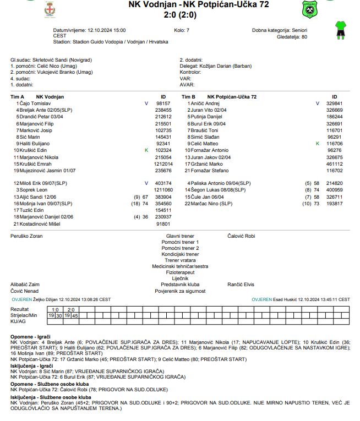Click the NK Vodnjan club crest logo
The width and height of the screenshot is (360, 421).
[x=50, y=9]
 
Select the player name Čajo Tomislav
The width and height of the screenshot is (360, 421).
[x=35, y=103]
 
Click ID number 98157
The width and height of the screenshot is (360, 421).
[x=163, y=103]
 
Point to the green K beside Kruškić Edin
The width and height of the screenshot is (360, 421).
[x=146, y=150]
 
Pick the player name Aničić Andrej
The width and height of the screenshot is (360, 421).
[x=205, y=103]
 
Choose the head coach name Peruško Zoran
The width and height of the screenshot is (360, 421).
[x=26, y=236]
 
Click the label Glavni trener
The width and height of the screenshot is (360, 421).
[x=180, y=236]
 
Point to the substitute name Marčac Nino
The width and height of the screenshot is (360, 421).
[x=204, y=203]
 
